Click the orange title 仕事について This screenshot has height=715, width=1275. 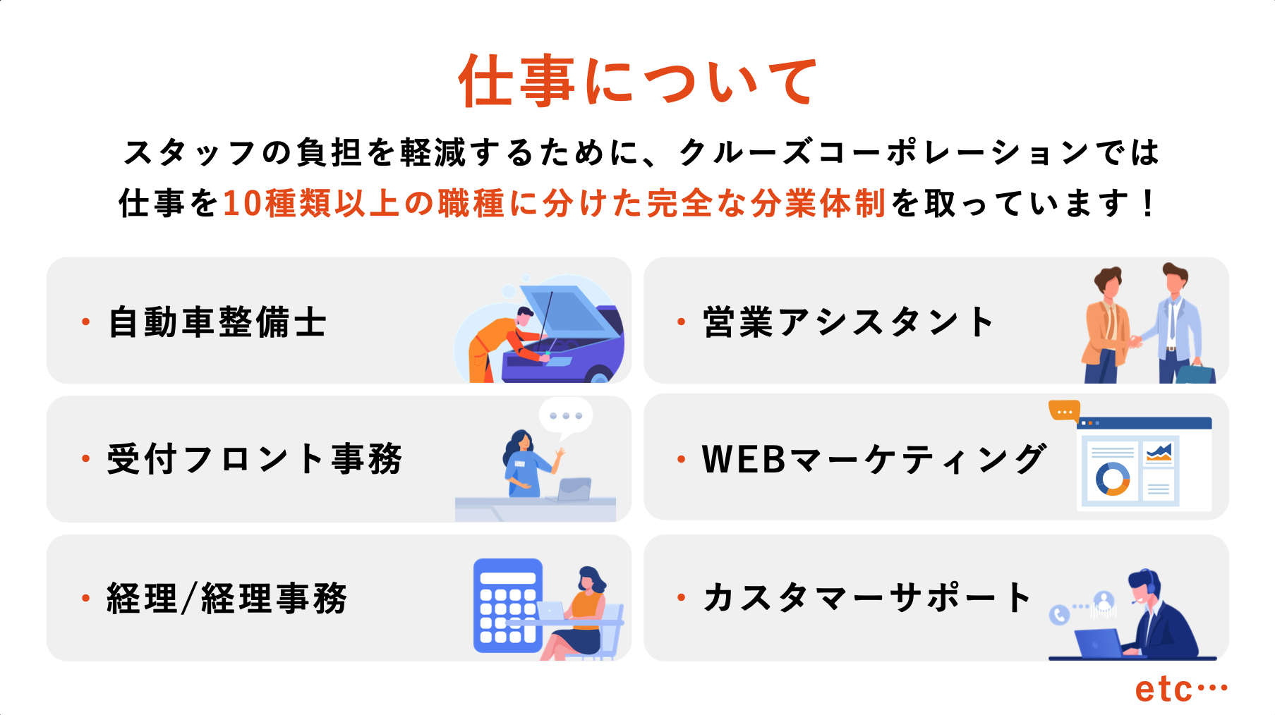pyautogui.click(x=637, y=81)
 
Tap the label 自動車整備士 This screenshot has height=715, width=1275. pyautogui.click(x=217, y=322)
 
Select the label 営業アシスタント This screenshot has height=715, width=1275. pyautogui.click(x=848, y=322)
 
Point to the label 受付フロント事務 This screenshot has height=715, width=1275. pyautogui.click(x=255, y=459)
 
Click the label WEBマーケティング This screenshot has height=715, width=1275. pyautogui.click(x=874, y=459)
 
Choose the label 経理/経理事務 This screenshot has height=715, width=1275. pyautogui.click(x=227, y=599)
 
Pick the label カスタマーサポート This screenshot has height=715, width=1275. pyautogui.click(x=867, y=597)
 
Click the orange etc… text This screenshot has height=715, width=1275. pyautogui.click(x=1181, y=689)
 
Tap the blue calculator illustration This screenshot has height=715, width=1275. pyautogui.click(x=508, y=606)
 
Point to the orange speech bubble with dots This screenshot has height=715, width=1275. pyautogui.click(x=1064, y=410)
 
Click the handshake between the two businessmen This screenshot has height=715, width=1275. pyautogui.click(x=1135, y=342)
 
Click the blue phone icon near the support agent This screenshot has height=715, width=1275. pyautogui.click(x=1059, y=615)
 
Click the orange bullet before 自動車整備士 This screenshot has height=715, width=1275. pyautogui.click(x=86, y=322)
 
